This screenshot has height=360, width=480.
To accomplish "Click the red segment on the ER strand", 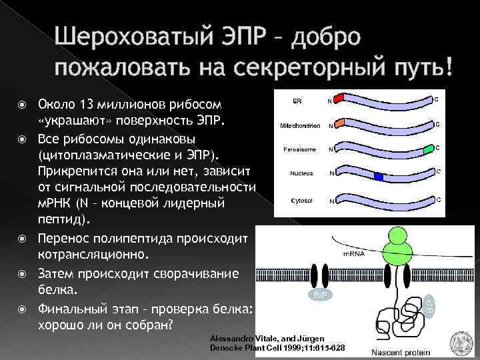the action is [x=338, y=99].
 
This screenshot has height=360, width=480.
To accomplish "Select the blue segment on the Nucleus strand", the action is [x=378, y=176].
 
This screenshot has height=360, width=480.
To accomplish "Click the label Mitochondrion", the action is [x=300, y=125].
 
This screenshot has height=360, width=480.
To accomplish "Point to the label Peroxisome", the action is [x=297, y=149].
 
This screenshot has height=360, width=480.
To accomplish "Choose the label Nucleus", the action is [x=301, y=173].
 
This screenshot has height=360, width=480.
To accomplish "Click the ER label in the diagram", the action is [x=297, y=101].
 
